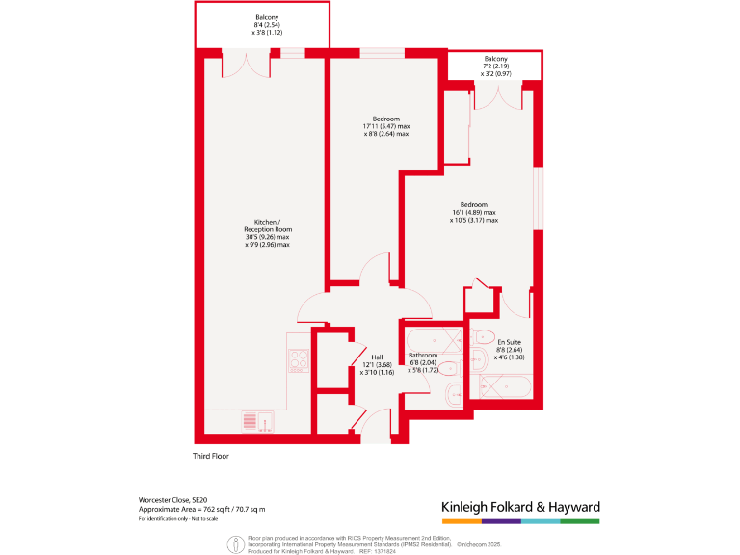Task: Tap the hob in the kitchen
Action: click(x=299, y=359)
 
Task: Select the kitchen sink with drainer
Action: click(x=257, y=421)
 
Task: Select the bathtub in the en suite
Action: click(x=505, y=388)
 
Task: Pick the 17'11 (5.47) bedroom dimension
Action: click(x=386, y=126)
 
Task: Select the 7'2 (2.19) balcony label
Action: click(x=495, y=66)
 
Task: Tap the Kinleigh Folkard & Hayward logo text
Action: click(x=520, y=507)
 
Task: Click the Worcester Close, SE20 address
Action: click(x=172, y=499)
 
